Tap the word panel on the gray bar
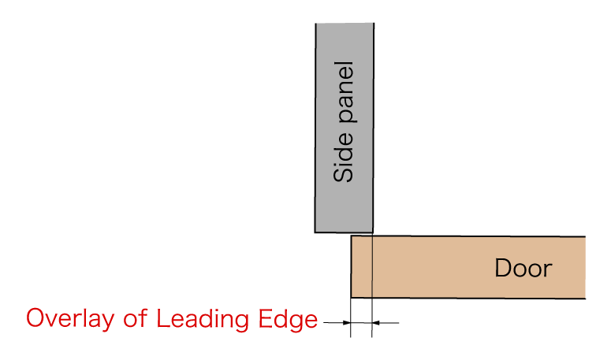(x=346, y=92)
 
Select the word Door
(x=523, y=268)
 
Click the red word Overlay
(x=70, y=320)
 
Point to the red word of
(x=136, y=318)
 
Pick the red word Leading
(x=203, y=320)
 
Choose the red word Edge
(x=288, y=320)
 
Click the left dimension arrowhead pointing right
(x=346, y=323)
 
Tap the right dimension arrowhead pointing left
(x=375, y=323)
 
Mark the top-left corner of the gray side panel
(x=315, y=24)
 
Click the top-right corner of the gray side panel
(x=374, y=23)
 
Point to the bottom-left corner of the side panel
(x=315, y=232)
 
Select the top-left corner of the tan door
(x=351, y=236)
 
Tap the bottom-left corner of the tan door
(x=351, y=298)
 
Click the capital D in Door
(x=503, y=268)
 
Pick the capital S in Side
(x=343, y=174)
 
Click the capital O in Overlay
(x=35, y=318)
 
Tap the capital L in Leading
(x=163, y=318)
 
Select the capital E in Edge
(x=266, y=318)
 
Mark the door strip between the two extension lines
(x=362, y=266)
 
